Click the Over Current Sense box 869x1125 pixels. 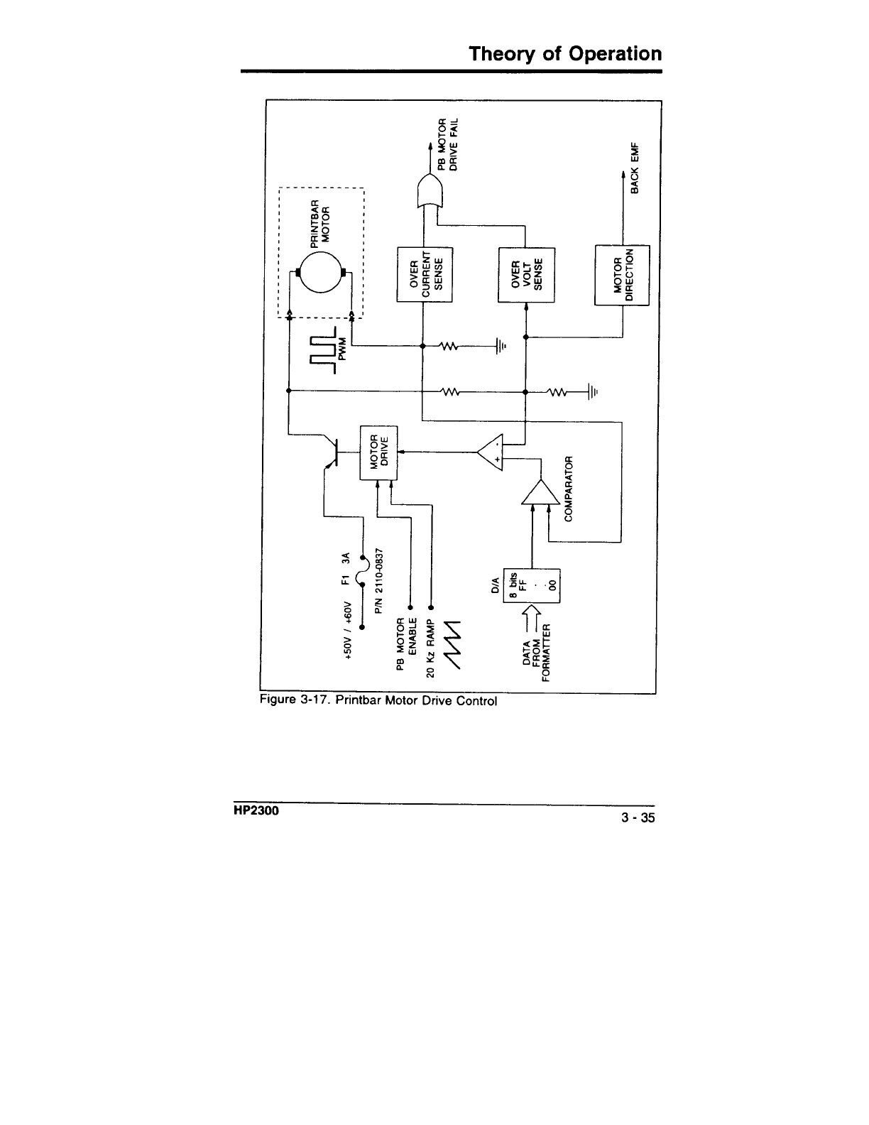pos(425,274)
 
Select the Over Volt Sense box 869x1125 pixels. pos(526,274)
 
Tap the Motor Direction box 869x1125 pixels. pos(622,274)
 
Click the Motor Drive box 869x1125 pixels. pos(380,452)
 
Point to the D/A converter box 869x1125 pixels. pos(532,585)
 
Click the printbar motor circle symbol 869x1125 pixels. pos(319,273)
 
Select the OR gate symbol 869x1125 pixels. pos(429,190)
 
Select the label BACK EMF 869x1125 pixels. pos(635,167)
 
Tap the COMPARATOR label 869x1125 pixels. pos(568,485)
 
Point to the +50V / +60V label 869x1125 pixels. pos(348,629)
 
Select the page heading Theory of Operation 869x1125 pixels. pos(565,54)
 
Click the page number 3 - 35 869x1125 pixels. pos(638,818)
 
